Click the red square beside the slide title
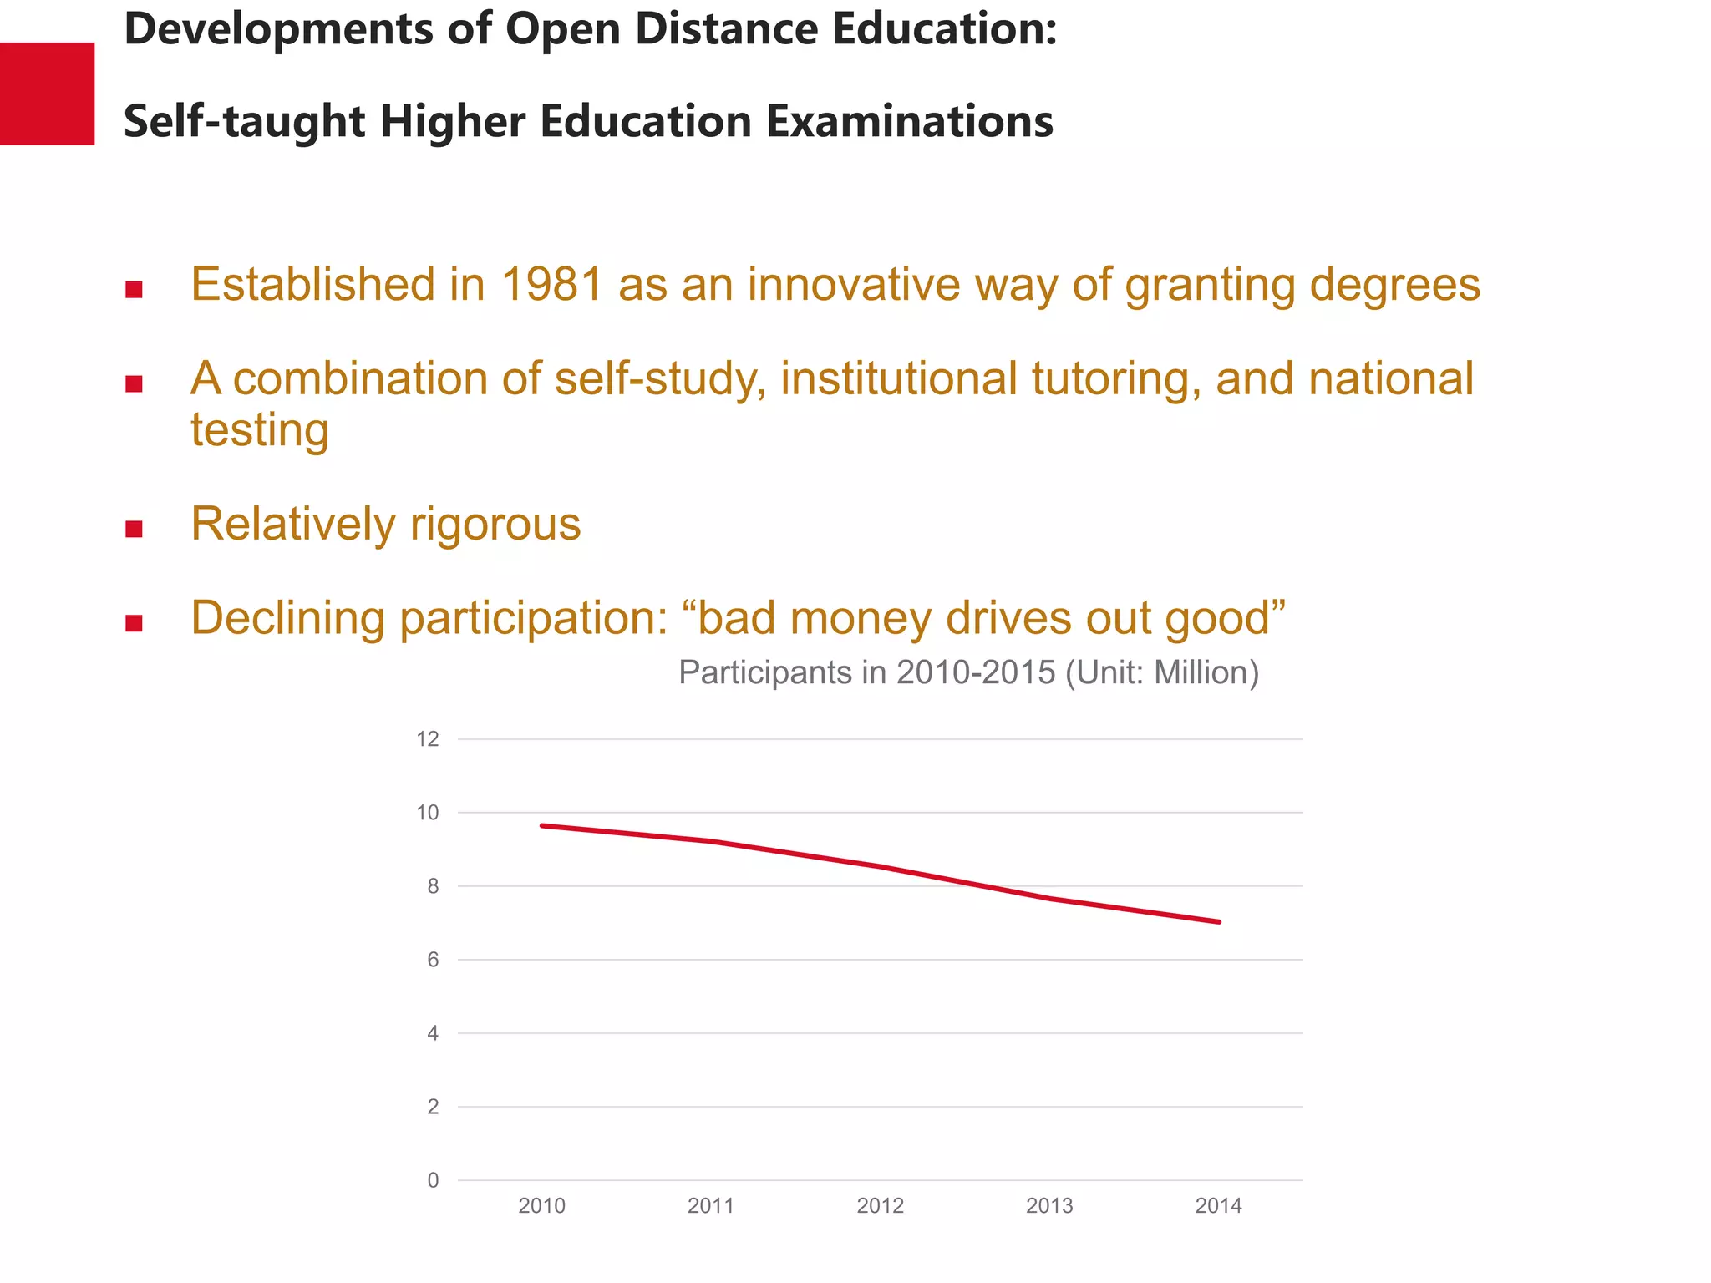(x=47, y=94)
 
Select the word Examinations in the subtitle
(x=910, y=122)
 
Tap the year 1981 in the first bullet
(x=551, y=285)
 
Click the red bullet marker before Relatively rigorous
(x=134, y=529)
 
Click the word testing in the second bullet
(x=260, y=430)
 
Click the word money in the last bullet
(x=860, y=619)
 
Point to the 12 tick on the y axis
(x=427, y=739)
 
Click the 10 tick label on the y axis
(x=427, y=813)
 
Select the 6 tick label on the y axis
(x=432, y=961)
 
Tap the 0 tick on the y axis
(x=432, y=1181)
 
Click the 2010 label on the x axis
(x=541, y=1206)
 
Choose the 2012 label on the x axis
(x=880, y=1206)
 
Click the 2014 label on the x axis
(x=1218, y=1206)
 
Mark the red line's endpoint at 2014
(x=1219, y=922)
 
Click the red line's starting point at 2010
(x=542, y=825)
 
